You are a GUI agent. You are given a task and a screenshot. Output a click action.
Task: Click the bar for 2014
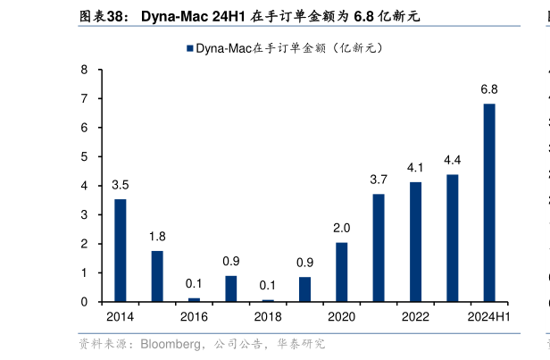pyautogui.click(x=120, y=250)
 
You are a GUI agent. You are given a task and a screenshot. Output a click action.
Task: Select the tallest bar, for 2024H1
pyautogui.click(x=489, y=203)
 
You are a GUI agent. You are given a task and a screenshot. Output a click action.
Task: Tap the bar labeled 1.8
pyautogui.click(x=157, y=276)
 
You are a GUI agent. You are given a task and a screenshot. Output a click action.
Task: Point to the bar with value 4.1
pyautogui.click(x=415, y=242)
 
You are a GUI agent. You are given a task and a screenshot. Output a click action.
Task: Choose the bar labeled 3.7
pyautogui.click(x=379, y=247)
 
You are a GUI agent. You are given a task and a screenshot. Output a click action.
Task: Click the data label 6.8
pyautogui.click(x=489, y=89)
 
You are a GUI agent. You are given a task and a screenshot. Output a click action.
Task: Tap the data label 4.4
pyautogui.click(x=453, y=160)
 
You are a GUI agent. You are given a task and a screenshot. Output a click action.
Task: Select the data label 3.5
pyautogui.click(x=120, y=185)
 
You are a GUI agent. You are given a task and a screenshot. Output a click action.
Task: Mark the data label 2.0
pyautogui.click(x=342, y=228)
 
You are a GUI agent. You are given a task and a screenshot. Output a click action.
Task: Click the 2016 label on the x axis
pyautogui.click(x=194, y=317)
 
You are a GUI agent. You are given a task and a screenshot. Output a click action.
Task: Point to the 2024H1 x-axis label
pyautogui.click(x=489, y=317)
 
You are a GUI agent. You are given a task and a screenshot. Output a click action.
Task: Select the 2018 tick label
pyautogui.click(x=268, y=317)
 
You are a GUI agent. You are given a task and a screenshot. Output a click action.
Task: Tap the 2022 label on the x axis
pyautogui.click(x=415, y=317)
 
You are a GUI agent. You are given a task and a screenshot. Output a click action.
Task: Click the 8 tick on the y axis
pyautogui.click(x=84, y=70)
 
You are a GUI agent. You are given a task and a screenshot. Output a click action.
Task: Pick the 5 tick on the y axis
pyautogui.click(x=84, y=157)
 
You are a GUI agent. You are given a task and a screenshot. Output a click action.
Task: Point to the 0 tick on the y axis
pyautogui.click(x=84, y=302)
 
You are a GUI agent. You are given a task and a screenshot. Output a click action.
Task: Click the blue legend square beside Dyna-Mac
pyautogui.click(x=189, y=48)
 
